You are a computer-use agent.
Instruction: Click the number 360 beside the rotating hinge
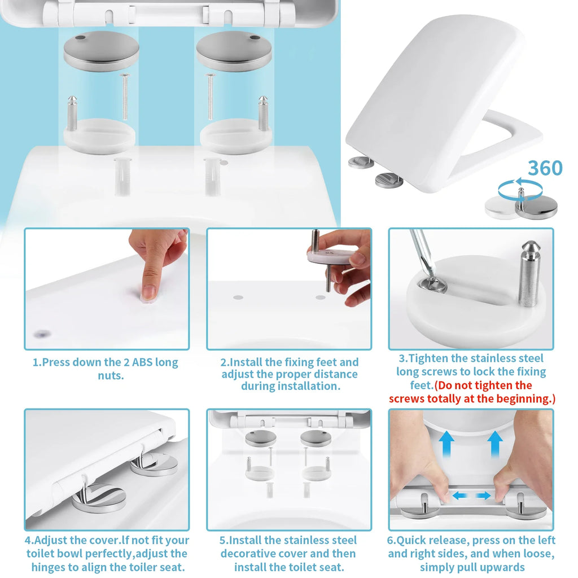(x=545, y=168)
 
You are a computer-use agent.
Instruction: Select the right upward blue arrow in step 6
(x=496, y=441)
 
